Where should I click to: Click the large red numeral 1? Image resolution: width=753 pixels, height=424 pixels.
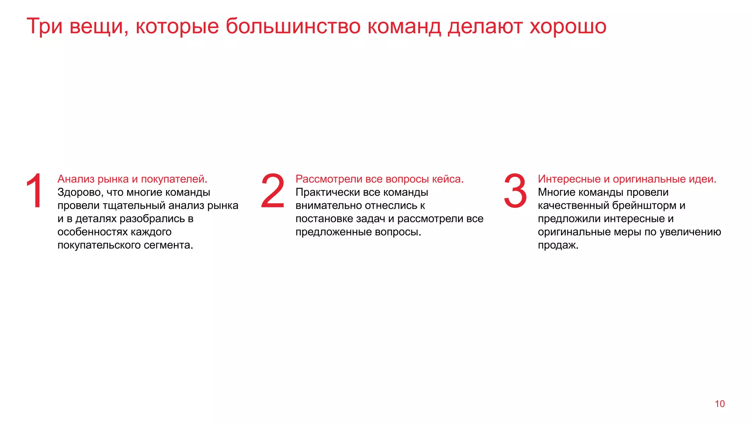point(35,191)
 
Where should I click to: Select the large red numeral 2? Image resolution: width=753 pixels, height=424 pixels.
point(273,191)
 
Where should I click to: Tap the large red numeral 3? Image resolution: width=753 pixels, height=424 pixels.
point(515,191)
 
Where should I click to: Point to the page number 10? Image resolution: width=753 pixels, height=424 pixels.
point(720,404)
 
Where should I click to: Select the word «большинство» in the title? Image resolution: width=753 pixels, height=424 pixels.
point(293,26)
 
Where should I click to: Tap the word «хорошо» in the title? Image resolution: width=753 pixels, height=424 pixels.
point(568,26)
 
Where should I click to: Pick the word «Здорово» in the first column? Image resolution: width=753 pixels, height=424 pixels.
point(80,192)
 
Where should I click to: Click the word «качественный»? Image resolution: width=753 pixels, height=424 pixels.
point(573,206)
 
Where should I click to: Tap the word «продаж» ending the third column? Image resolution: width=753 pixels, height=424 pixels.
point(557,245)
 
